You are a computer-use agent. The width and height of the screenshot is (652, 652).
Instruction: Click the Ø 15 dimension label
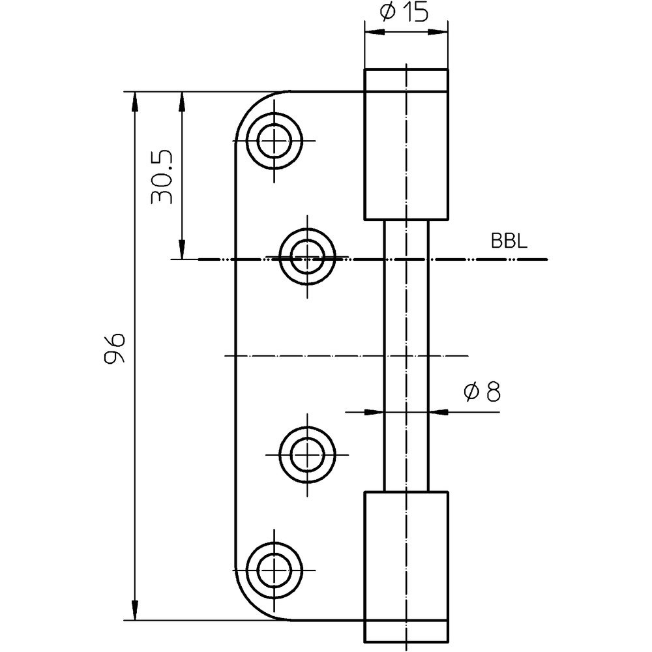pos(404,12)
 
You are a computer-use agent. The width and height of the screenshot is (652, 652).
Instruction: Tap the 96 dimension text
pos(114,348)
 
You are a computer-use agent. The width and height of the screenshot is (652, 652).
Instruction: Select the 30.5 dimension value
pos(161,176)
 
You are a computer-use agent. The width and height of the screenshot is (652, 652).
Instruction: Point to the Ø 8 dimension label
pos(482,392)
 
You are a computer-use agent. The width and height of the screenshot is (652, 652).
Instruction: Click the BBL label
pos(509,241)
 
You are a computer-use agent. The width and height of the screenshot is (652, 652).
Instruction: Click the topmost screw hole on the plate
pos(274,141)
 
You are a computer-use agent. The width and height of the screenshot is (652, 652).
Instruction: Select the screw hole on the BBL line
pos(307,256)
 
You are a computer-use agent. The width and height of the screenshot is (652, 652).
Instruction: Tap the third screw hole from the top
pos(307,454)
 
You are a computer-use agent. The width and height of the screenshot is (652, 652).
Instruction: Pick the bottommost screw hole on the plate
pos(274,570)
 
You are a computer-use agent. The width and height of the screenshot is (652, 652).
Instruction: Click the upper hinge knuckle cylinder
pos(406,144)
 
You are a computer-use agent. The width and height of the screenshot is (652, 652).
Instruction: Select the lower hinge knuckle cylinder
pos(406,567)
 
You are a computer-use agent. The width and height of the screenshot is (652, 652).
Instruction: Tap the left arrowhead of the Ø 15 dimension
pos(374,31)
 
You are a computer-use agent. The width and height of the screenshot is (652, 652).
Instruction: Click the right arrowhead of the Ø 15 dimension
pos(438,31)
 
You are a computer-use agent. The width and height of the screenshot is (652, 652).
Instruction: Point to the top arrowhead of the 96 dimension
pos(134,102)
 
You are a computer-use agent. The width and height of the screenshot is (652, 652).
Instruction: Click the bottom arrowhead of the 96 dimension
pos(134,610)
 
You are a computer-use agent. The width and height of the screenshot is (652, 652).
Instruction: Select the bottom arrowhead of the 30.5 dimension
pos(181,249)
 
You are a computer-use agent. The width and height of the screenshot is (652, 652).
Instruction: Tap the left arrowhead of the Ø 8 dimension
pos(374,412)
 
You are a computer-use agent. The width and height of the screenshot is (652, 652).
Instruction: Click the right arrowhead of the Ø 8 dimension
pos(439,412)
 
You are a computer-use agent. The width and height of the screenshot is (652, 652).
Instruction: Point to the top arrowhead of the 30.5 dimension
pos(181,102)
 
